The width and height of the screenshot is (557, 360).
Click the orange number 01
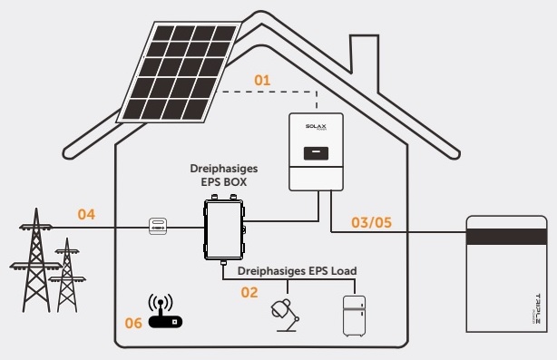[x=261, y=81]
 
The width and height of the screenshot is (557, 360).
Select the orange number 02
[x=249, y=292]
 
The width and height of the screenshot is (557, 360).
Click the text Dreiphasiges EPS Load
[x=297, y=271]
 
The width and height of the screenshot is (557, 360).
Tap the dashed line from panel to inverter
[x=272, y=92]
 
